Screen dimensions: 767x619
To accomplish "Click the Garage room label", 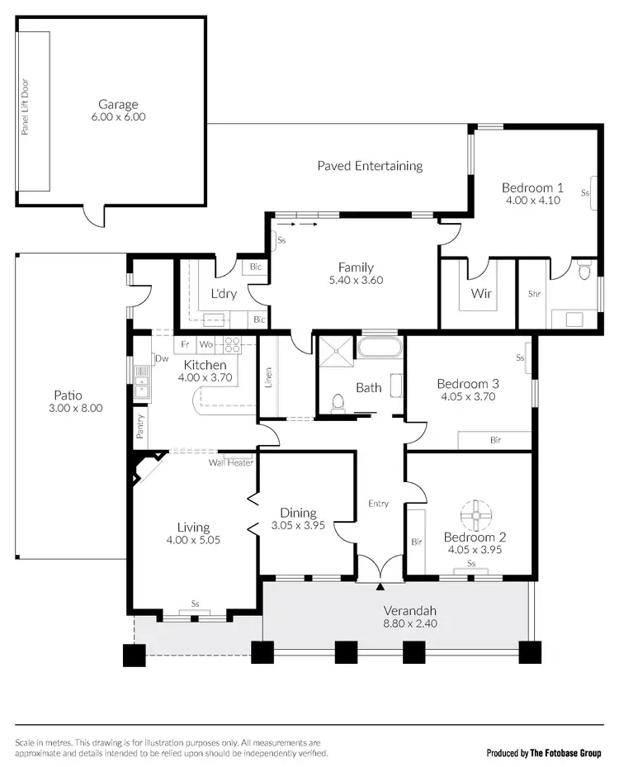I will click(118, 104).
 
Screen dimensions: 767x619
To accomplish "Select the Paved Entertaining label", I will click(370, 165).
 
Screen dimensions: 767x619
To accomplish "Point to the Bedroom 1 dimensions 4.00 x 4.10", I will click(532, 200).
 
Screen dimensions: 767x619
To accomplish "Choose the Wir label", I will click(481, 293).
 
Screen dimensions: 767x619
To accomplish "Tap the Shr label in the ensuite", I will click(534, 293).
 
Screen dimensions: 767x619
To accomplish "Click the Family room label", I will click(355, 267).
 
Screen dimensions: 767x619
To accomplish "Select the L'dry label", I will click(224, 293).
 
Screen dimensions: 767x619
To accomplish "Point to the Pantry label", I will click(140, 426).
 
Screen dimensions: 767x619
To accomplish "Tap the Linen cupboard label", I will click(269, 378).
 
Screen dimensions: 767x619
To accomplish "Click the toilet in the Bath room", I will click(337, 402).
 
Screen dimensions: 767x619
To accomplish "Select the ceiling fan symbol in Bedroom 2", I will click(475, 515).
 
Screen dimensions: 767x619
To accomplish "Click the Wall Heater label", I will click(230, 462).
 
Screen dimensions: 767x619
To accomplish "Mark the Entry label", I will click(378, 504).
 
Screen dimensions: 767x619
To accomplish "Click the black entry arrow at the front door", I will click(380, 587).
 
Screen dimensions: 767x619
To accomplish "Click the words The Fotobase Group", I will click(566, 753).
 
